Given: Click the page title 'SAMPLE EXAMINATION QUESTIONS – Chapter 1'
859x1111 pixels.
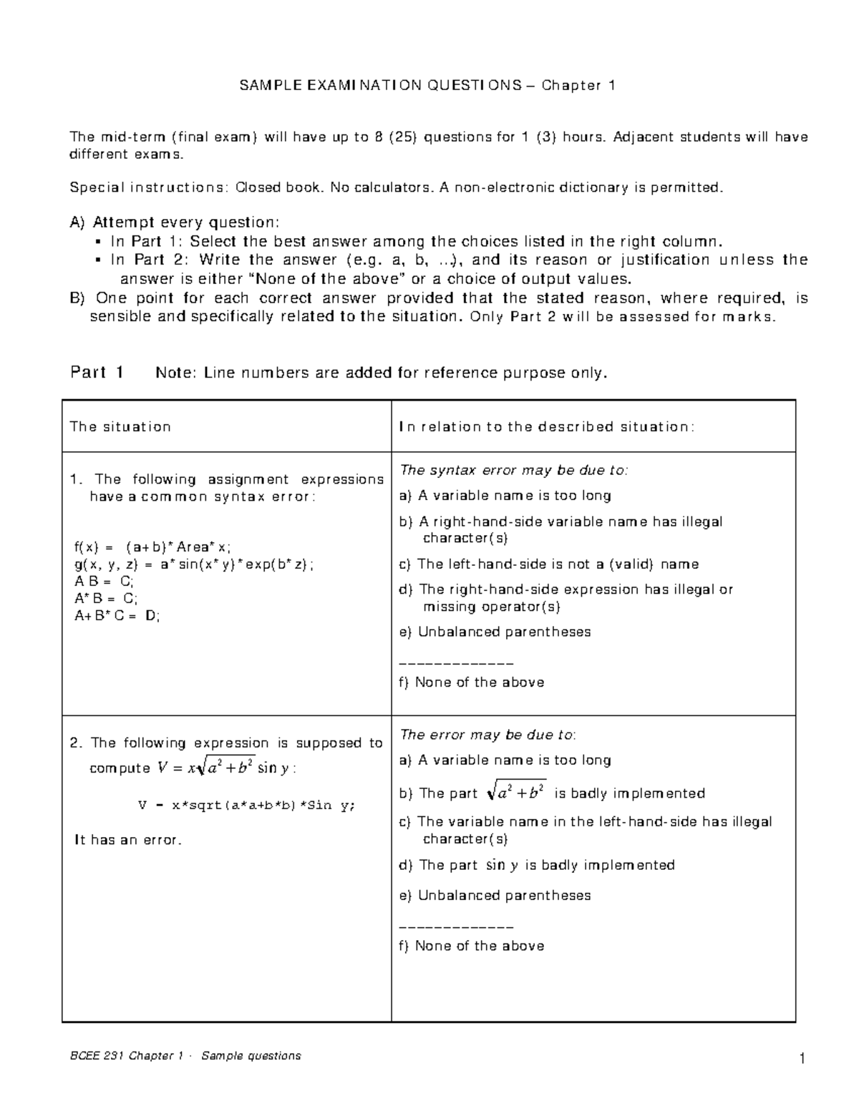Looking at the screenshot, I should click(427, 86).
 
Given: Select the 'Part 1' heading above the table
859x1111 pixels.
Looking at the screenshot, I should click(97, 372).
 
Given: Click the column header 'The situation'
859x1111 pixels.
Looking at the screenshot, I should click(120, 427).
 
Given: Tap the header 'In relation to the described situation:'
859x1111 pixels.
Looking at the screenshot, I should click(546, 427).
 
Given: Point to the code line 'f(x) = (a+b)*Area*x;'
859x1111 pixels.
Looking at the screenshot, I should click(153, 547).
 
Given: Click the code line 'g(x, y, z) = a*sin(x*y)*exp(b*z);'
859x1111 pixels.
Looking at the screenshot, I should click(193, 564).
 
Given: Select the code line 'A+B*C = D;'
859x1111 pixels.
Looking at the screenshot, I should click(117, 615).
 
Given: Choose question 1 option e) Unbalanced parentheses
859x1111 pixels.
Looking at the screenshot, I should click(495, 632).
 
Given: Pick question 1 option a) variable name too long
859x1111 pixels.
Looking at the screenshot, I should click(505, 496).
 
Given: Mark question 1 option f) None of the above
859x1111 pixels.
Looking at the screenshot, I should click(472, 682).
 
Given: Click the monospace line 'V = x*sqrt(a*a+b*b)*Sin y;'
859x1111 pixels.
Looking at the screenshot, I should click(246, 805).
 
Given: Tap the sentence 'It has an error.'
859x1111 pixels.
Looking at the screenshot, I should click(128, 840).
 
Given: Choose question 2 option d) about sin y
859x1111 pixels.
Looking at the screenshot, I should click(536, 866).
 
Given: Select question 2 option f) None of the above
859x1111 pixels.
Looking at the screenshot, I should click(472, 946).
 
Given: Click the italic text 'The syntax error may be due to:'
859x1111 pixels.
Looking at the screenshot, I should click(513, 470).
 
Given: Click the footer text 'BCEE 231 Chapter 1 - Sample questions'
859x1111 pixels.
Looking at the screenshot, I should click(185, 1056).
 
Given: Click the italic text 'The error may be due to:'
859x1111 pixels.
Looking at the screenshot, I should click(487, 735).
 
